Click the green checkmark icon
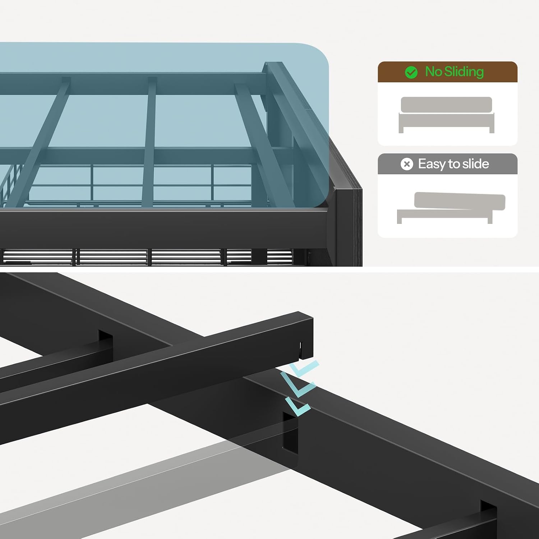coord(411,72)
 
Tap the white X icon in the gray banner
coord(407,164)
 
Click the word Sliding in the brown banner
coord(464,72)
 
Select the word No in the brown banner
coord(433,72)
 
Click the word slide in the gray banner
coord(475,164)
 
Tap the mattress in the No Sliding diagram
coord(446,105)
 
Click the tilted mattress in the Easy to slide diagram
coord(460,201)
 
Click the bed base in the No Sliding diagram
coord(446,122)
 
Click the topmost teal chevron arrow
coord(304,368)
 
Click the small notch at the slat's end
coord(301,347)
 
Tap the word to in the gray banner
coord(454,164)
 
